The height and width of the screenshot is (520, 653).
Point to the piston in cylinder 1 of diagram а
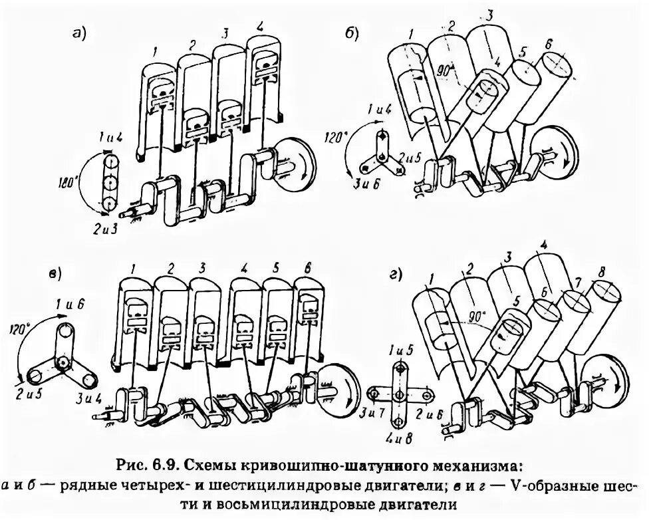pyautogui.click(x=159, y=96)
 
